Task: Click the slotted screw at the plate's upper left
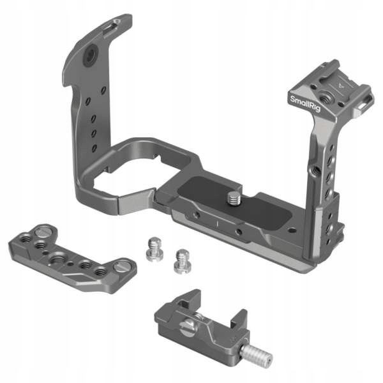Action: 42,231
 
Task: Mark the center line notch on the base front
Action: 216,224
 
